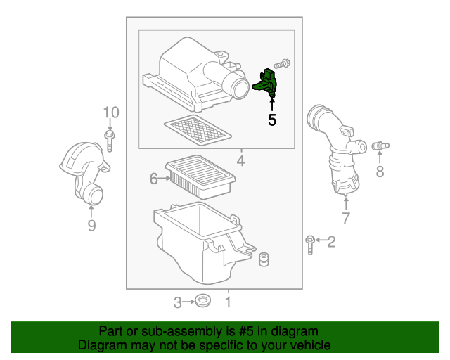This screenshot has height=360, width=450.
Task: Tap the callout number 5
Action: click(272, 120)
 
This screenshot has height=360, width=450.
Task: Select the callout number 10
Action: click(111, 112)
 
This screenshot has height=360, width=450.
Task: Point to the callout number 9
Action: click(91, 225)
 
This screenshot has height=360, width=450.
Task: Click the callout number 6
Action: click(153, 179)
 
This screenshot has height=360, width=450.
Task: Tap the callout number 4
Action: click(240, 162)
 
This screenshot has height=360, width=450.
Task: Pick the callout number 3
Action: click(178, 302)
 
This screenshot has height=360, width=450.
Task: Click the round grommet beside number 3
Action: click(203, 302)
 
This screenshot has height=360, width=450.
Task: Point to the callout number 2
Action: click(332, 242)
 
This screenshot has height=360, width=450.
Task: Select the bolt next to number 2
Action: click(310, 243)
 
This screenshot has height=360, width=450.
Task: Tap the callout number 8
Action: click(380, 171)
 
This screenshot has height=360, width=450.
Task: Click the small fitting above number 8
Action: click(380, 146)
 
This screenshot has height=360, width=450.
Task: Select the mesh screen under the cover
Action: click(197, 129)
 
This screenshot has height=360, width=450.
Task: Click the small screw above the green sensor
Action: click(283, 64)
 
